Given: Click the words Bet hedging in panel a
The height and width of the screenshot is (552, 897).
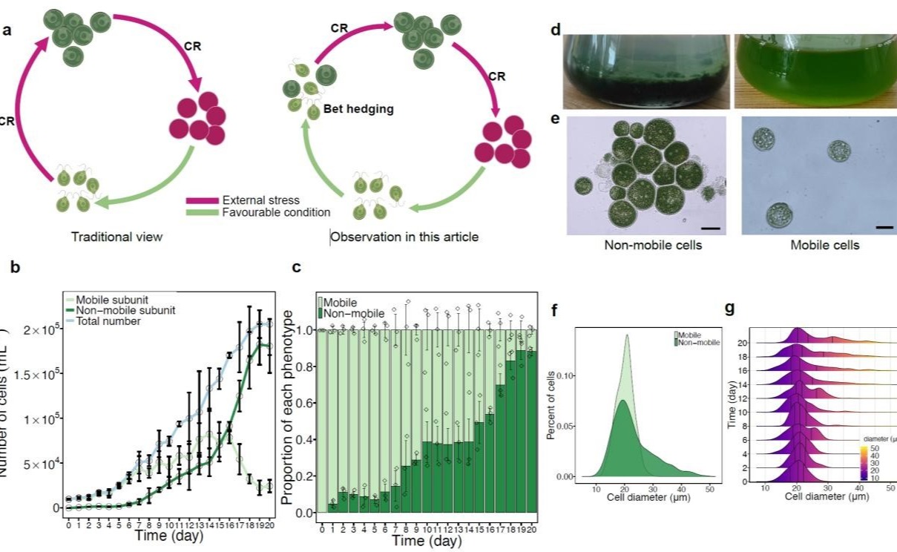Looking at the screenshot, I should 359,110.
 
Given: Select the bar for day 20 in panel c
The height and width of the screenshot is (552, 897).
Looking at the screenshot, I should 530,431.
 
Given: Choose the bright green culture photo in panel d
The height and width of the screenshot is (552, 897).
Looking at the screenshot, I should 815,70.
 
